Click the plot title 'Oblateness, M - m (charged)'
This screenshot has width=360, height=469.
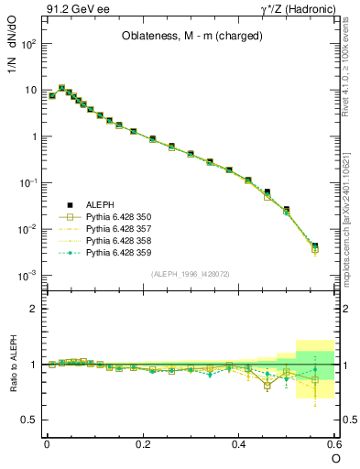[x=188, y=37]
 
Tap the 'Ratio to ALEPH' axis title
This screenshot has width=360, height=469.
[x=14, y=364]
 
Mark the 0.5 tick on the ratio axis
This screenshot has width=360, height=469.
[x=32, y=420]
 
